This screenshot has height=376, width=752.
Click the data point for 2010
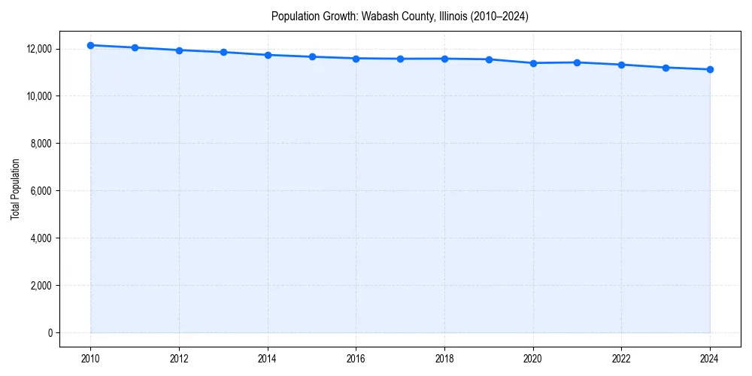point(90,45)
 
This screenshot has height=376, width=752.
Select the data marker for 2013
point(223,52)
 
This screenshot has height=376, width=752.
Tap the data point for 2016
point(356,58)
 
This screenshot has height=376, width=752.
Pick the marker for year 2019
point(489,59)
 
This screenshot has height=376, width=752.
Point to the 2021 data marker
point(577,62)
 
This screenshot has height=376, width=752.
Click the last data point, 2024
point(710,69)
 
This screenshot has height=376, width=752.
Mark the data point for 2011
point(135,47)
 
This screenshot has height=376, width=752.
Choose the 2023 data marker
point(666,68)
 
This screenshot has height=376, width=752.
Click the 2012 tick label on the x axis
point(179,358)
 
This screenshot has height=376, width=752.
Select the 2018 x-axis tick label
point(444,358)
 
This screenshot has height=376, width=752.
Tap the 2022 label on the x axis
point(621,358)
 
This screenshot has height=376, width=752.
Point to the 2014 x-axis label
point(268,358)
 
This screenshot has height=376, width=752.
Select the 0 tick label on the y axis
point(50,333)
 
